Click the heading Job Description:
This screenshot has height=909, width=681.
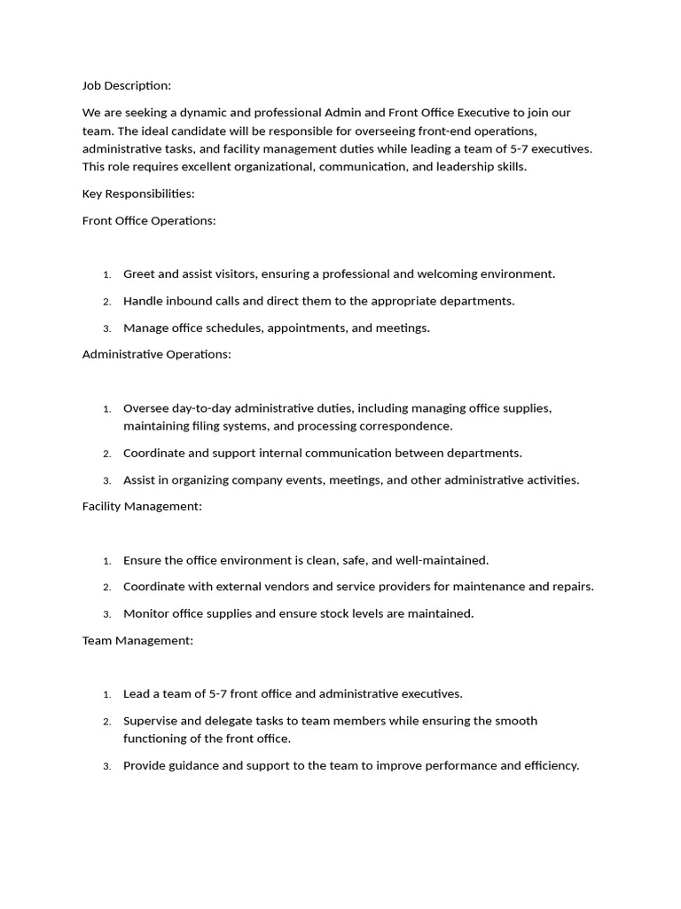pyautogui.click(x=126, y=86)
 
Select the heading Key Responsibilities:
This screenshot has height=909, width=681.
pyautogui.click(x=138, y=194)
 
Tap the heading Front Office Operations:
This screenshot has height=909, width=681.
pyautogui.click(x=149, y=220)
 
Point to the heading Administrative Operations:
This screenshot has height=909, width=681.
pyautogui.click(x=156, y=354)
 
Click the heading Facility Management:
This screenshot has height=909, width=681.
pyautogui.click(x=142, y=506)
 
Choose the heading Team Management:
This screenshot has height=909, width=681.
pyautogui.click(x=137, y=640)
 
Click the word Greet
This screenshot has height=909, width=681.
pyautogui.click(x=139, y=274)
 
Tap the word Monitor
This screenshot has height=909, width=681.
pyautogui.click(x=147, y=613)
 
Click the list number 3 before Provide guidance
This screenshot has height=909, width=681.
pyautogui.click(x=106, y=766)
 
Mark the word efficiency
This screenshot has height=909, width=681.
pyautogui.click(x=550, y=765)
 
